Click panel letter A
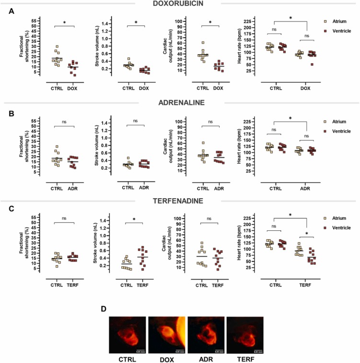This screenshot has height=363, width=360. pyautogui.click(x=11, y=11)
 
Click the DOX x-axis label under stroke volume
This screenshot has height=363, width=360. pyautogui.click(x=143, y=88)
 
